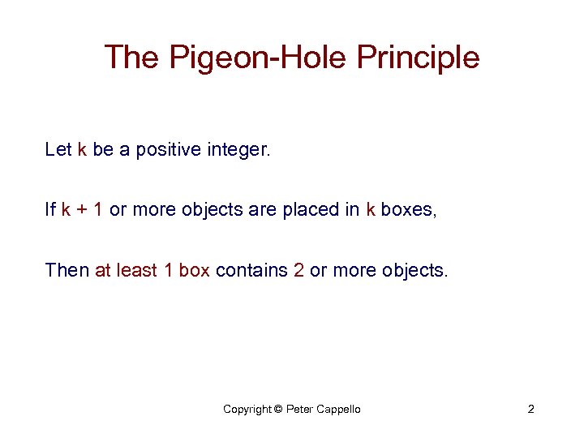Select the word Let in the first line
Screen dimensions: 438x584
click(58, 149)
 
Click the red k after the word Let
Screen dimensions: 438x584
click(81, 149)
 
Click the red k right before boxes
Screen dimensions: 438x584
click(371, 210)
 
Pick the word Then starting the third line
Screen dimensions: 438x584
click(67, 270)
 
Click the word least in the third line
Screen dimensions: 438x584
click(135, 270)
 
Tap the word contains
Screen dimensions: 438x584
click(251, 270)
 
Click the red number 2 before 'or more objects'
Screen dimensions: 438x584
click(298, 270)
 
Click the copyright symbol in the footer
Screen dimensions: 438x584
click(278, 410)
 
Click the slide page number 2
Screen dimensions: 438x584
click(530, 409)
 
